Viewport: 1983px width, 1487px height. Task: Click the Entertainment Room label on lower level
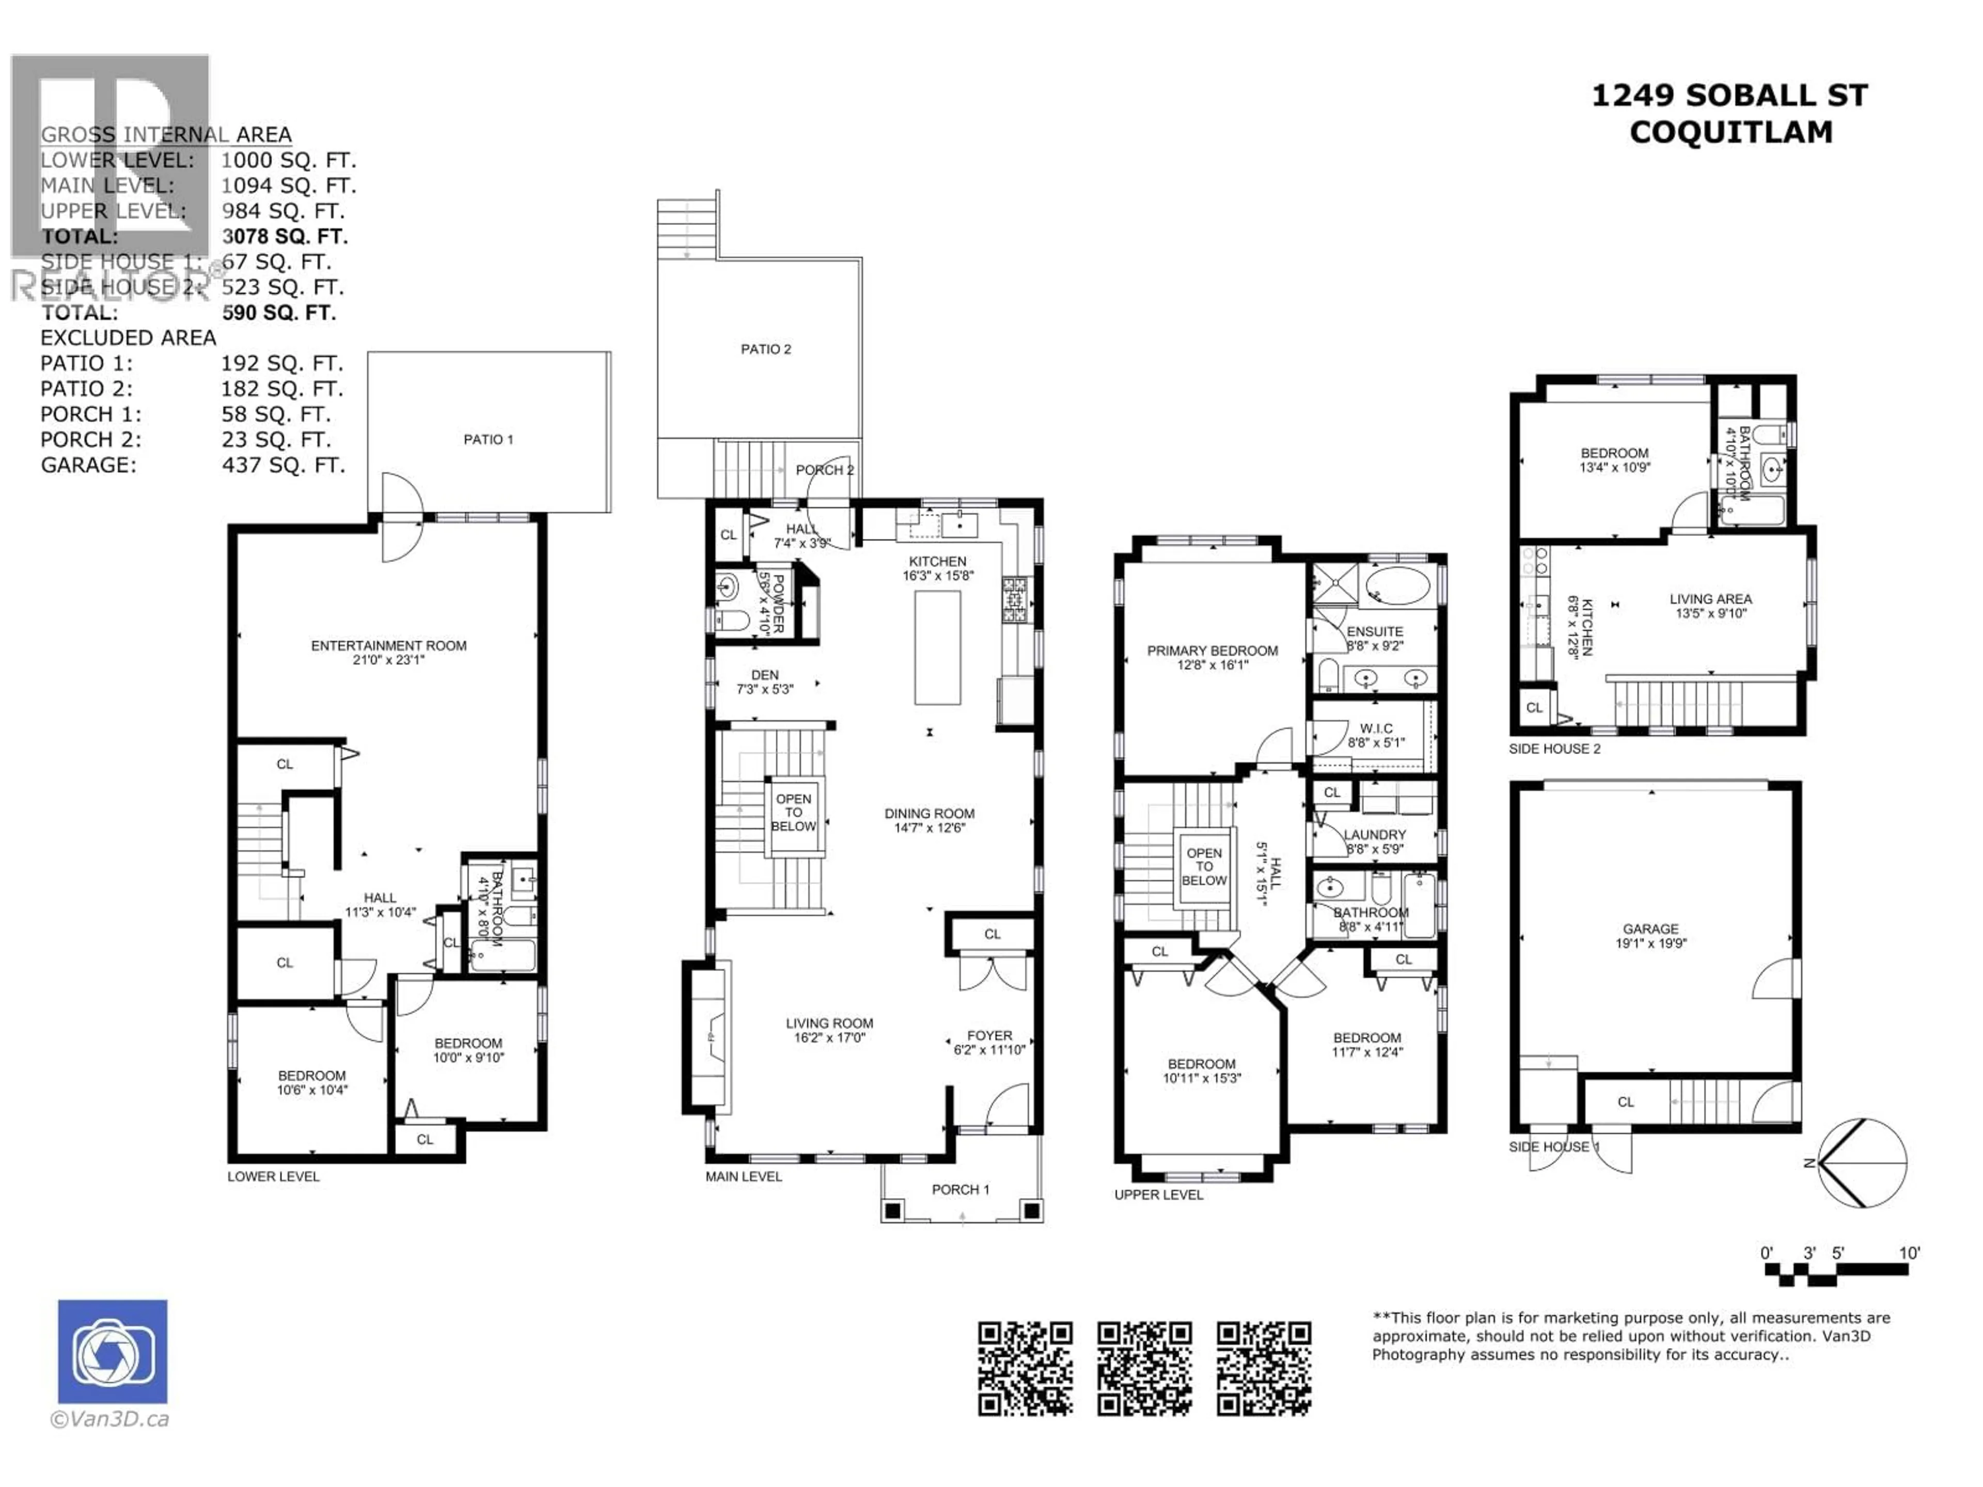[x=388, y=645]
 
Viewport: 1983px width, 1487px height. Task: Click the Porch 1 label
[x=960, y=1190]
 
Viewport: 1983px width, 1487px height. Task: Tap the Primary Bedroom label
[x=1212, y=651]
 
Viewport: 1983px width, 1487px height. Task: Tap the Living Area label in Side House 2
[x=1710, y=599]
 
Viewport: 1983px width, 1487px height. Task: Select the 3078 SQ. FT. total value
[x=284, y=236]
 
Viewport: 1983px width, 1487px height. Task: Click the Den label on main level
[x=765, y=675]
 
